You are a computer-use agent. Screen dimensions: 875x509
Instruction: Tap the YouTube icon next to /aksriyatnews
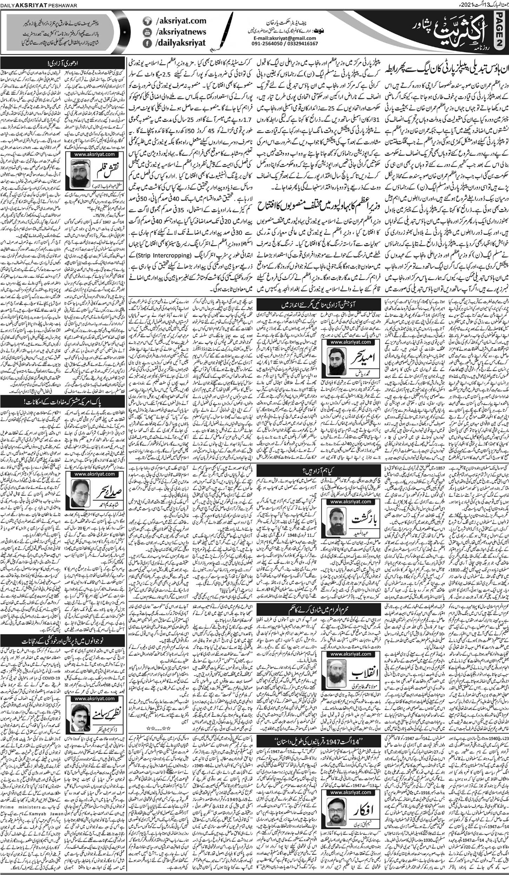[x=146, y=32]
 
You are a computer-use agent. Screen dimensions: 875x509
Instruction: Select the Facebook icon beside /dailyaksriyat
[x=146, y=43]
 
